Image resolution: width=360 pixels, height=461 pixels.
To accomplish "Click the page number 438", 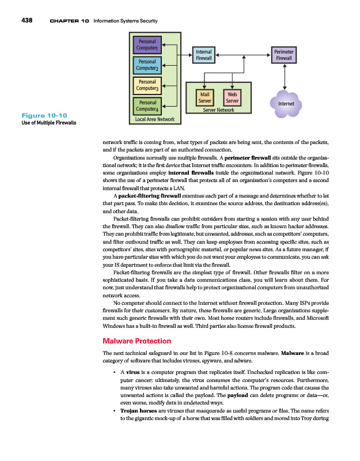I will [25, 21].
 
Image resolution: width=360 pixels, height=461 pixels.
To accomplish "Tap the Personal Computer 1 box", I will [147, 45].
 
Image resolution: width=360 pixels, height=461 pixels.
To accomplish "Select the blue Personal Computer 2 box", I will [147, 65].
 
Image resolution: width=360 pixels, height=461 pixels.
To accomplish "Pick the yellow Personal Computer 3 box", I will [147, 85].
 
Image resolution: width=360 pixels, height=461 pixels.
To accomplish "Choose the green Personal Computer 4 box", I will [147, 105].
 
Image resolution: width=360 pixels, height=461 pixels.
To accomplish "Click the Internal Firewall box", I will [204, 55].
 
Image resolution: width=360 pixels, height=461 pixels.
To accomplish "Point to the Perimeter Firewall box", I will [284, 55].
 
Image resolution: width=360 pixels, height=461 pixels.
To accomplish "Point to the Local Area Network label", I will [154, 119].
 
